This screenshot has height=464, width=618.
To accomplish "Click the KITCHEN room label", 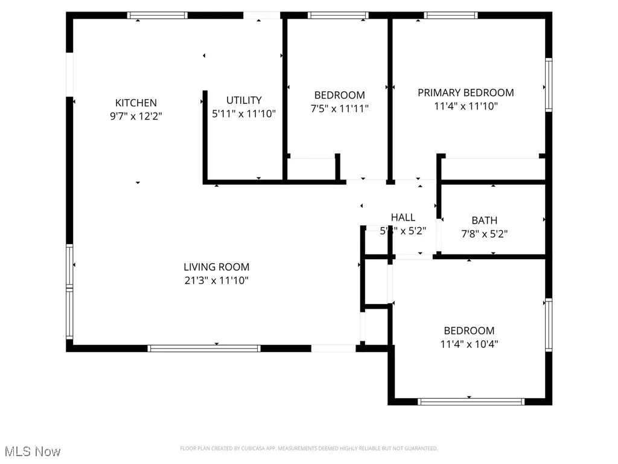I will pyautogui.click(x=136, y=103).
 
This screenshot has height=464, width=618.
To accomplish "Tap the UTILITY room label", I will pyautogui.click(x=244, y=100).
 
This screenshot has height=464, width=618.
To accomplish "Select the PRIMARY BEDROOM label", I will pyautogui.click(x=466, y=92).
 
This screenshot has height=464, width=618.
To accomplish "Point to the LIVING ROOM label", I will pyautogui.click(x=216, y=267).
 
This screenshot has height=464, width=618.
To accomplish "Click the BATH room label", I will pyautogui.click(x=485, y=221).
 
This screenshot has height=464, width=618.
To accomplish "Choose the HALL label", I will pyautogui.click(x=403, y=217).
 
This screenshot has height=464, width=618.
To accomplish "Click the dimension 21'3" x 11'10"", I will pyautogui.click(x=216, y=280).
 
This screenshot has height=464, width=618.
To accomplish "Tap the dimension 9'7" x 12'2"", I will pyautogui.click(x=136, y=116).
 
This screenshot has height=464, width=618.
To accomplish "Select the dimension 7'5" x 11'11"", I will pyautogui.click(x=339, y=108).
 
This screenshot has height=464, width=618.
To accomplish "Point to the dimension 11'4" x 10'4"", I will pyautogui.click(x=469, y=344).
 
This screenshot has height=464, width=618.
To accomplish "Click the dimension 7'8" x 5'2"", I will pyautogui.click(x=485, y=234).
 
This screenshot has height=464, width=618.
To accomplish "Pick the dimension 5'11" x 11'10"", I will pyautogui.click(x=244, y=114).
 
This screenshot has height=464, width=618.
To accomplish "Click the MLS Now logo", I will pyautogui.click(x=33, y=451).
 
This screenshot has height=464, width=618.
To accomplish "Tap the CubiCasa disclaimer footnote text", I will pyautogui.click(x=308, y=448).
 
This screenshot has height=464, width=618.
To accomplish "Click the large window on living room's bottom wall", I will pyautogui.click(x=204, y=348).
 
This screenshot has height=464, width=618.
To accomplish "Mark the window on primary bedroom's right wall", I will pyautogui.click(x=548, y=85).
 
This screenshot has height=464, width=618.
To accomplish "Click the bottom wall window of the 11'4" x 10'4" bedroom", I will pyautogui.click(x=471, y=401).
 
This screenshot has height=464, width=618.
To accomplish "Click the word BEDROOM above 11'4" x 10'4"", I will pyautogui.click(x=469, y=330).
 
